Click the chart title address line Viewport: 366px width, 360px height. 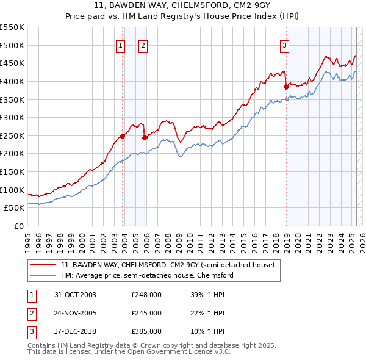tap(183, 5)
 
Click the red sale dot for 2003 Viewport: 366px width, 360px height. tap(123, 136)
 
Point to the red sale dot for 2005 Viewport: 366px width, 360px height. tap(145, 137)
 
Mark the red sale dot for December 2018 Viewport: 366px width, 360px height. tap(286, 87)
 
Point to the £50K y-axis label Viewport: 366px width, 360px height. tap(15, 208)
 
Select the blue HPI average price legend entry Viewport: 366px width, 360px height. tap(147, 275)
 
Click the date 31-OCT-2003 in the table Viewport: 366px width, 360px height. tap(74, 295)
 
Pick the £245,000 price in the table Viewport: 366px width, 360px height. tap(146, 313)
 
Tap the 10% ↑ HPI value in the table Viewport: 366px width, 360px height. tap(207, 331)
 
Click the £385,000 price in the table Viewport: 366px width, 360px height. tap(146, 331)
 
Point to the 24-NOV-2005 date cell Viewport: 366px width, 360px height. tap(75, 313)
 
